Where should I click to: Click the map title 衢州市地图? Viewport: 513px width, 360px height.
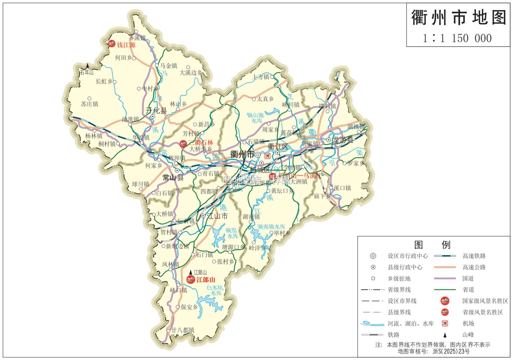(458, 17)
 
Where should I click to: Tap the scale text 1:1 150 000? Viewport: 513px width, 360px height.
(457, 38)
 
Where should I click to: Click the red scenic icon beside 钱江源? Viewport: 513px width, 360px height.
(111, 44)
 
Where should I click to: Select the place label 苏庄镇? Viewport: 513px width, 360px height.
(90, 104)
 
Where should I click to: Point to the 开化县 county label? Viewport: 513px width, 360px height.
(156, 110)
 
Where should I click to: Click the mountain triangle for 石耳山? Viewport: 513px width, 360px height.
(88, 65)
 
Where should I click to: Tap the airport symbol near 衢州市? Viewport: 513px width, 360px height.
(268, 156)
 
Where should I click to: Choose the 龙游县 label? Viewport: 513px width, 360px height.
(343, 140)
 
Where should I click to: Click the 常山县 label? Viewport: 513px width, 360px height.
(173, 177)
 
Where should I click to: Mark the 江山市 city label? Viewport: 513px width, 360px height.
(217, 216)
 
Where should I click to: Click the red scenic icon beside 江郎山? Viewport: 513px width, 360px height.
(190, 280)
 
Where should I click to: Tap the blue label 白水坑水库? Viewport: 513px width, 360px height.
(215, 290)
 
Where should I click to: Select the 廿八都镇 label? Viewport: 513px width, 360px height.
(183, 330)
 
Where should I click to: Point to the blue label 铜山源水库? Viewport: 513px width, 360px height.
(256, 118)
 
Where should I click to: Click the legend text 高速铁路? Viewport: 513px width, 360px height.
(474, 256)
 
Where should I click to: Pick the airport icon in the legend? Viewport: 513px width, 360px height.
(445, 323)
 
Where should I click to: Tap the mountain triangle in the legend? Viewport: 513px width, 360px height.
(445, 335)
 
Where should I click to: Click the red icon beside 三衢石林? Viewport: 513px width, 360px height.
(183, 144)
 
